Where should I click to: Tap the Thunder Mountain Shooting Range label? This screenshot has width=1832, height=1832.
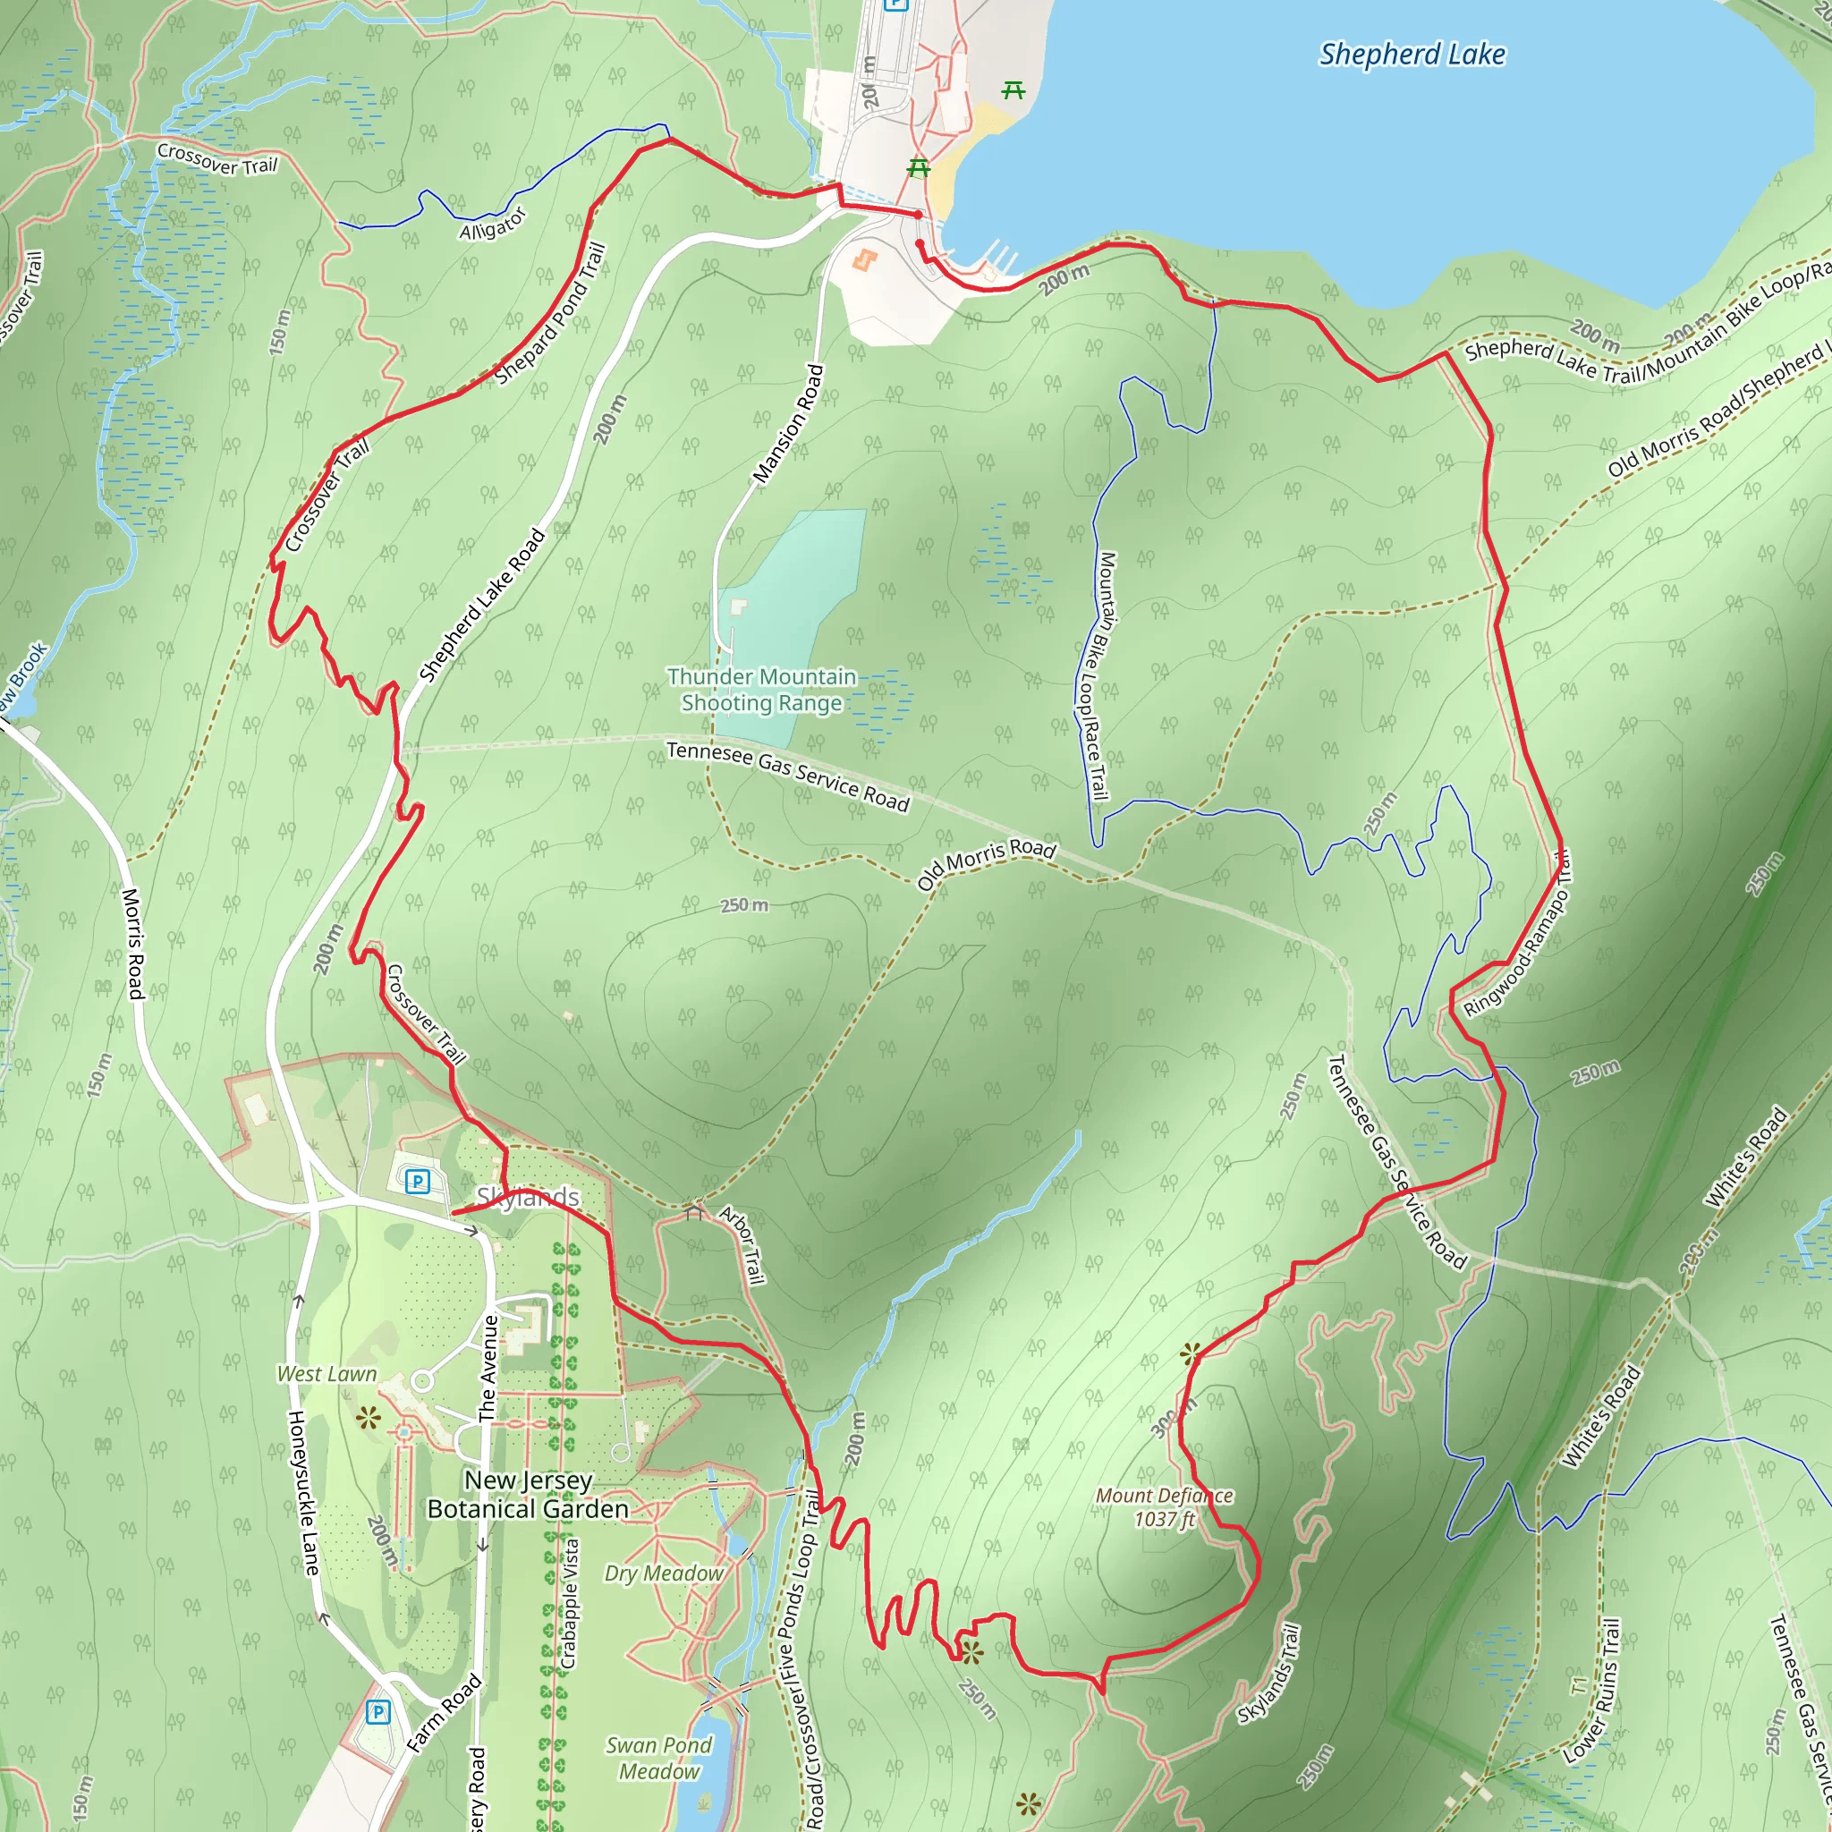point(761,690)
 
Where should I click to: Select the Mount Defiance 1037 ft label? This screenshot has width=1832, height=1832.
point(1165,1506)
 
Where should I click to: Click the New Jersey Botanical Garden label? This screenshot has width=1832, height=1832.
point(527,1494)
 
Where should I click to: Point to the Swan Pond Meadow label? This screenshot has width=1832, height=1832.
point(659,1757)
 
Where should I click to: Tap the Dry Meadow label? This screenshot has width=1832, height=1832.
point(664,1573)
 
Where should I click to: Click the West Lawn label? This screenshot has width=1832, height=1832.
point(327,1374)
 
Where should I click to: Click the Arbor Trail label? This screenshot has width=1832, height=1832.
point(742,1245)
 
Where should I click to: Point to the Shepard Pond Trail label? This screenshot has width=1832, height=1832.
point(550,314)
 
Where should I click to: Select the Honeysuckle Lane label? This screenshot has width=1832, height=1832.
point(303,1493)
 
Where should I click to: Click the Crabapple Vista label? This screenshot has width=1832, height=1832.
point(569,1602)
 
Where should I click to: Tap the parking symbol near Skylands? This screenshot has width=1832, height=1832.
point(417,1182)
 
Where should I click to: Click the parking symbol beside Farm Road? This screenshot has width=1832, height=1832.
point(377,1711)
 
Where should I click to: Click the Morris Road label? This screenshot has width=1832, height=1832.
point(133,944)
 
